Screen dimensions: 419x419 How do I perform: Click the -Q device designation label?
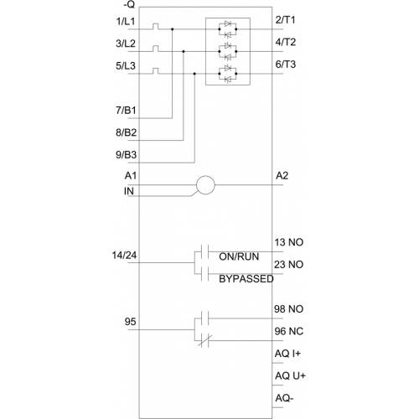point(129,4)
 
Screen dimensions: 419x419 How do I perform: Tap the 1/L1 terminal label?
point(126,21)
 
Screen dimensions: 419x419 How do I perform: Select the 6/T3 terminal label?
point(286,65)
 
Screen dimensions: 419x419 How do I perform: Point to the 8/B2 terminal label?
point(127,132)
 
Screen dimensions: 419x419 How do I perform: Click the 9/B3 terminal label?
point(127,154)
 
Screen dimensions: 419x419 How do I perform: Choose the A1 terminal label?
point(131,176)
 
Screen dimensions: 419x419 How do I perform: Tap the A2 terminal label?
point(282,176)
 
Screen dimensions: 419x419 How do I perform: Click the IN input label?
point(129,191)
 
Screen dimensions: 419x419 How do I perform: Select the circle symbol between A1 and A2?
point(205,185)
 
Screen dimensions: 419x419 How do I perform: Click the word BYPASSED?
point(246,279)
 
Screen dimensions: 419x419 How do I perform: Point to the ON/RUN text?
point(239,256)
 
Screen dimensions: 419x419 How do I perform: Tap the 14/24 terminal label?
point(124,255)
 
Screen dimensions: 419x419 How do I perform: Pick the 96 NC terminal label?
point(289,331)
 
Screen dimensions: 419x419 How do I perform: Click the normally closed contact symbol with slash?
point(204,341)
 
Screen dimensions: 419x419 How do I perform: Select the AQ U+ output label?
point(290,375)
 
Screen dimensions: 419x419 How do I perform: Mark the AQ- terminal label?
point(284,398)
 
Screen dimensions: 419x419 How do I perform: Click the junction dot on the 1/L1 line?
point(173,29)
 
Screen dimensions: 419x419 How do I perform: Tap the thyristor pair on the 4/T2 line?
point(228,51)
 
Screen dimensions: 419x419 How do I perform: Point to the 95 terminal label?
point(130,322)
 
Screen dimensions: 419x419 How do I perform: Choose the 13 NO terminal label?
point(289,242)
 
